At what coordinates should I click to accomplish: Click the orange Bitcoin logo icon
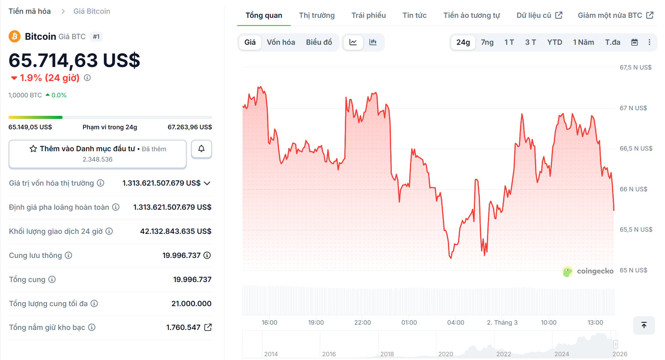(x=14, y=37)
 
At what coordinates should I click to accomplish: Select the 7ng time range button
(x=487, y=42)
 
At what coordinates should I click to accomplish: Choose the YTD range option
(x=555, y=42)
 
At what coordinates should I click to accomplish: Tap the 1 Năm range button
(x=583, y=42)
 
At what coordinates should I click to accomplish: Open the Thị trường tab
(x=317, y=15)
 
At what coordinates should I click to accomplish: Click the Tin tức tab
(x=414, y=15)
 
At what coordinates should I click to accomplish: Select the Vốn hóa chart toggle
(x=281, y=42)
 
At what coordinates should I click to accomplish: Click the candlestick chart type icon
(x=373, y=42)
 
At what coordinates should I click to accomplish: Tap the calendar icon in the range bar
(x=634, y=42)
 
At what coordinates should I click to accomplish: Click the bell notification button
(x=202, y=149)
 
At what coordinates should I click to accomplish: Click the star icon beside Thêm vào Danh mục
(x=33, y=149)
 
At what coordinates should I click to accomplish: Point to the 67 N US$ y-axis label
(x=633, y=108)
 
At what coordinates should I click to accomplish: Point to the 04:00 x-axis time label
(x=455, y=322)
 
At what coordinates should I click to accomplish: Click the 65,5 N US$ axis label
(x=636, y=229)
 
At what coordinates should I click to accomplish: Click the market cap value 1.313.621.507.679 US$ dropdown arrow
(x=207, y=183)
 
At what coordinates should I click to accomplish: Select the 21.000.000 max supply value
(x=191, y=303)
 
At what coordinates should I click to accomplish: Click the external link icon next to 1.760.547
(x=208, y=327)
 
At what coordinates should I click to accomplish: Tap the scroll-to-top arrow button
(x=644, y=325)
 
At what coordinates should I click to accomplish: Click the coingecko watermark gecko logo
(x=567, y=271)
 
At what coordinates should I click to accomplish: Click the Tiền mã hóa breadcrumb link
(x=30, y=11)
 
